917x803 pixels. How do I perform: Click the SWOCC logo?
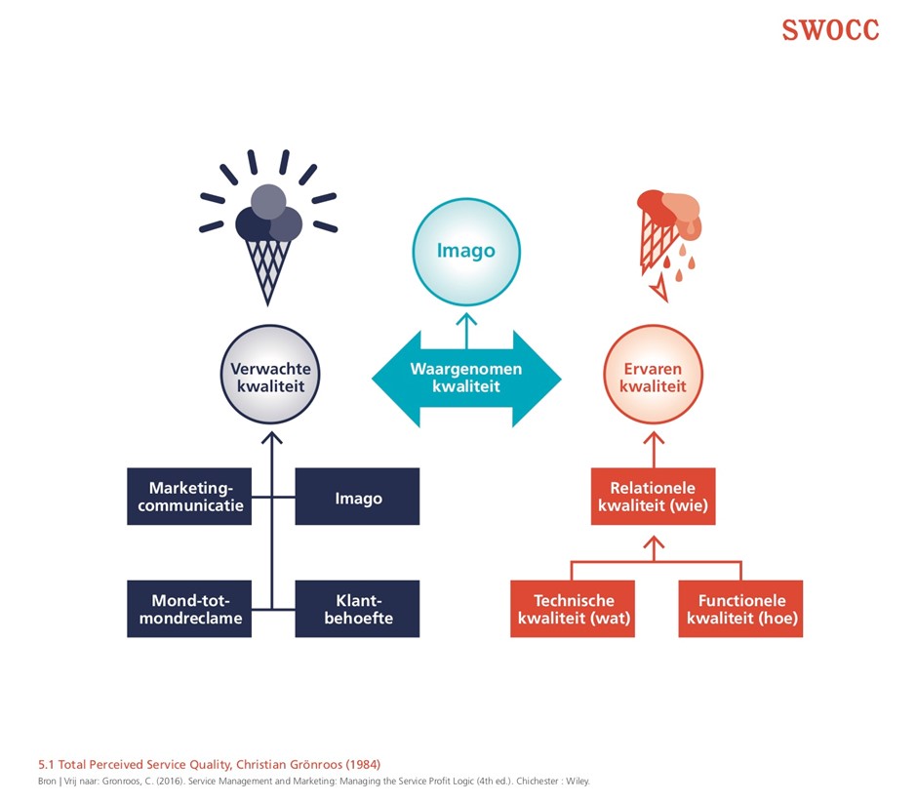[x=830, y=30]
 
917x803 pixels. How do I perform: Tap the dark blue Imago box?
[x=357, y=498]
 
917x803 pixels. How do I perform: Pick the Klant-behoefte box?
[x=357, y=609]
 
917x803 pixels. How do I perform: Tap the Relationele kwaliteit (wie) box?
[x=653, y=497]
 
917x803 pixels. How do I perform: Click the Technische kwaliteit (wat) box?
[x=573, y=609]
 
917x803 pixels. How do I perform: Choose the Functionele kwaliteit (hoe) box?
[x=740, y=609]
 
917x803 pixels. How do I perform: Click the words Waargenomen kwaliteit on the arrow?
[x=465, y=378]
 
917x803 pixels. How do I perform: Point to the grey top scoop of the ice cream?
[x=268, y=202]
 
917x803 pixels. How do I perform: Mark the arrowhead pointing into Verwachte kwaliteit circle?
[x=272, y=435]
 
